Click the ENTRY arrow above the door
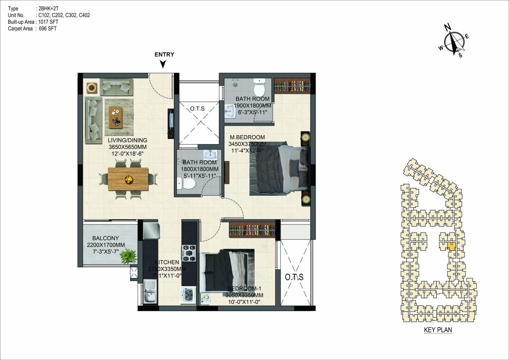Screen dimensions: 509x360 tap(163, 64)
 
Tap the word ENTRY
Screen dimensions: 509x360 tap(164, 55)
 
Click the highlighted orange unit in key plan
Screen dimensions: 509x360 tap(451, 246)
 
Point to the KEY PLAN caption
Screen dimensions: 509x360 tap(438, 330)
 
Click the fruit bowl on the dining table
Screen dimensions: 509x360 tap(129, 179)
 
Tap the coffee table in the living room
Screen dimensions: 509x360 tap(116, 117)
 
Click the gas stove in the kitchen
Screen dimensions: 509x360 tap(189, 253)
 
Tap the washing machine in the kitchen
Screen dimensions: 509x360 tap(188, 295)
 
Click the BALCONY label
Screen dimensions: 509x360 tap(106, 238)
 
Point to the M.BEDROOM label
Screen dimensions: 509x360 tap(247, 137)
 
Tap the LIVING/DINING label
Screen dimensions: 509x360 tap(127, 140)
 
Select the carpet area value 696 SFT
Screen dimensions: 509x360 tap(48, 29)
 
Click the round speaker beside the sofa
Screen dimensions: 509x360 tap(92, 88)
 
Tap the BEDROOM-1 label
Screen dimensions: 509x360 tap(244, 288)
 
